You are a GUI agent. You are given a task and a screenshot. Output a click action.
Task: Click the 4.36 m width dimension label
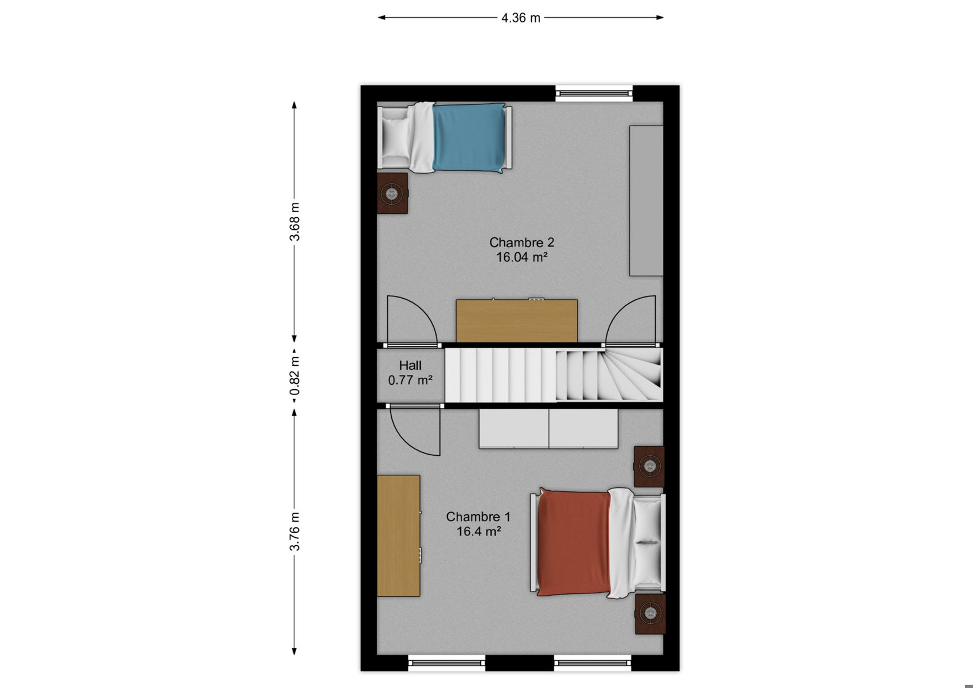(520, 18)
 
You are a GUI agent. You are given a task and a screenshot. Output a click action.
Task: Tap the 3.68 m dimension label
(294, 221)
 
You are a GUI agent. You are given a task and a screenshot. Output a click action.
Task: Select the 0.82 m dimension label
(294, 376)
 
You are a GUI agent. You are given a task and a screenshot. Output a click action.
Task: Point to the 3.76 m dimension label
(294, 531)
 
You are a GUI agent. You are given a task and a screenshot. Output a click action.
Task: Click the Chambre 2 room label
(521, 242)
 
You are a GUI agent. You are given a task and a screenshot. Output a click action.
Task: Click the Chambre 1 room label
(478, 517)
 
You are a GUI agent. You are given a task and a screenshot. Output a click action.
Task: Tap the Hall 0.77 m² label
(410, 373)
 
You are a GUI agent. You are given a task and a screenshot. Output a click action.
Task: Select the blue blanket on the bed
(469, 137)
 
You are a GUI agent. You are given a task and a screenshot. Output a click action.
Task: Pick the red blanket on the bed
(574, 542)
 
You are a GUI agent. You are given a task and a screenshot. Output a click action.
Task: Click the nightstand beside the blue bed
(392, 193)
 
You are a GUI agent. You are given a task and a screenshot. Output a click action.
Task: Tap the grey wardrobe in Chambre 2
(647, 201)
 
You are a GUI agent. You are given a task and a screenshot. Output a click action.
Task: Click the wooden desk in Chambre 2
(516, 320)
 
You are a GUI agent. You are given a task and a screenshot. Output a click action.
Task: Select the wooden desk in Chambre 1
(398, 535)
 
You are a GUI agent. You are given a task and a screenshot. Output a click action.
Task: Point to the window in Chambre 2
(594, 93)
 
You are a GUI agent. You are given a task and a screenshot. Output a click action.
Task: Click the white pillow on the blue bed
(395, 137)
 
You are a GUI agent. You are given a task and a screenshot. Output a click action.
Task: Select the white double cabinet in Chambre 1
(548, 428)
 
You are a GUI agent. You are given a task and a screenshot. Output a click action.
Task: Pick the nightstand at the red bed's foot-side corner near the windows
(650, 614)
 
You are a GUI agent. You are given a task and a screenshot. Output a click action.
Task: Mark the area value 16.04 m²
(521, 257)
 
